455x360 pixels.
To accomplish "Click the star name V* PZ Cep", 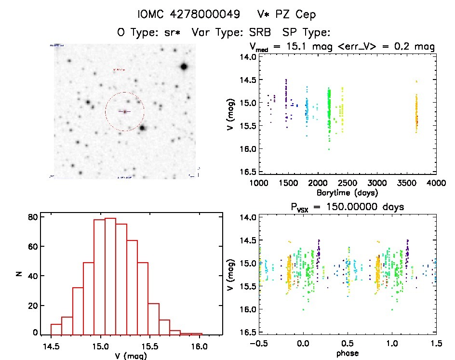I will click(287, 15).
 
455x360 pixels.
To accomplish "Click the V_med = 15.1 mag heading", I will click(293, 47).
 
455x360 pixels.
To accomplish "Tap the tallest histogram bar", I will click(110, 276).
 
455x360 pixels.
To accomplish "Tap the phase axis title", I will click(347, 353).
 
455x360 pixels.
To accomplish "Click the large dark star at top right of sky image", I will click(184, 67).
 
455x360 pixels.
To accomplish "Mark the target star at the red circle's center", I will click(124, 112).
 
